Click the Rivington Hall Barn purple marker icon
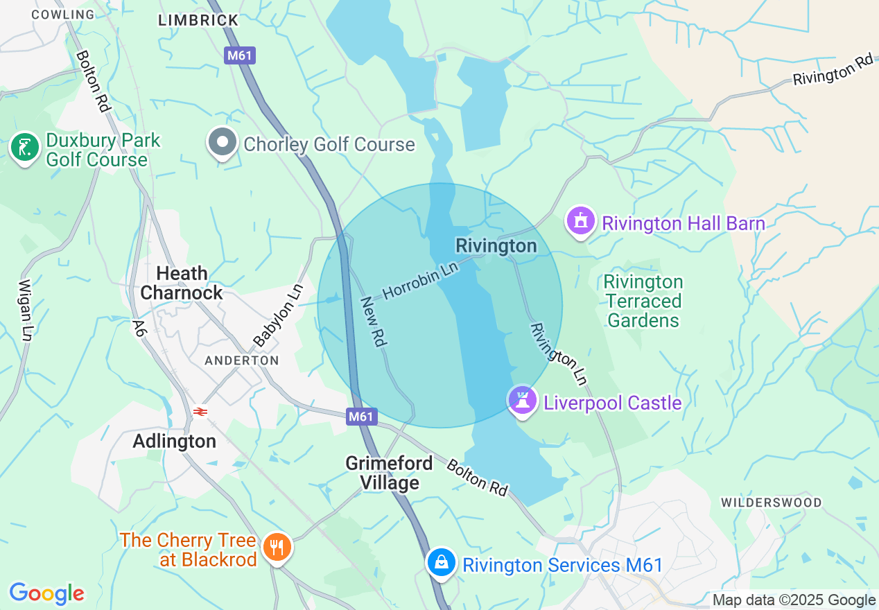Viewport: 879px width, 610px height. pos(581,222)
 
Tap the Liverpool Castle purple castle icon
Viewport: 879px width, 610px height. pos(523,401)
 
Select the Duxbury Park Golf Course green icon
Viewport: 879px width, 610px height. pos(25,148)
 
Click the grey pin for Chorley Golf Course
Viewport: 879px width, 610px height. pos(223,143)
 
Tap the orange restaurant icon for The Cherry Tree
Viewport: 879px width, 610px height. pos(277,548)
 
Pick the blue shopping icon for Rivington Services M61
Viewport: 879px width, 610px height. pos(441,562)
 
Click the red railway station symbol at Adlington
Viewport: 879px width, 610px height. pos(200,412)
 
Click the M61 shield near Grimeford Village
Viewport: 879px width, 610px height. pos(361,417)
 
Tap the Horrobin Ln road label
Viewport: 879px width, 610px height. pos(421,281)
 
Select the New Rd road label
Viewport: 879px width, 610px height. pos(373,322)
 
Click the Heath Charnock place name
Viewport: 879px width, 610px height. pos(182,283)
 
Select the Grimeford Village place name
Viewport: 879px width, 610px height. pos(389,473)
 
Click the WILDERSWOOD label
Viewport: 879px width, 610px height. pos(771,503)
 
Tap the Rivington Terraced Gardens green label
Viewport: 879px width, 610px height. pos(643,301)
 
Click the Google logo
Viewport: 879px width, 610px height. pos(46,593)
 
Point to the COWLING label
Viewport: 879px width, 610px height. pos(63,14)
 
